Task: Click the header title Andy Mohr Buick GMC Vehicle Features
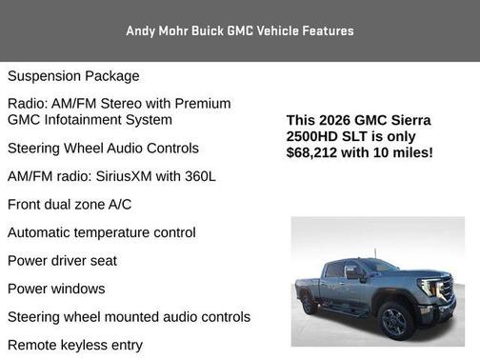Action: click(240, 30)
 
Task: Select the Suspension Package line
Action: click(73, 76)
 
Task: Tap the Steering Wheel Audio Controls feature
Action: click(103, 149)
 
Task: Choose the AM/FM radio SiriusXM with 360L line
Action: click(111, 177)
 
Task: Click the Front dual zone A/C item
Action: click(70, 205)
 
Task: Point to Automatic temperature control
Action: click(102, 232)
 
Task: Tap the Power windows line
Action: click(56, 289)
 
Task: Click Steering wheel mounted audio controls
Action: click(129, 317)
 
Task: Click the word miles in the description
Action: click(410, 152)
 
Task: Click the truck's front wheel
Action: click(395, 321)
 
